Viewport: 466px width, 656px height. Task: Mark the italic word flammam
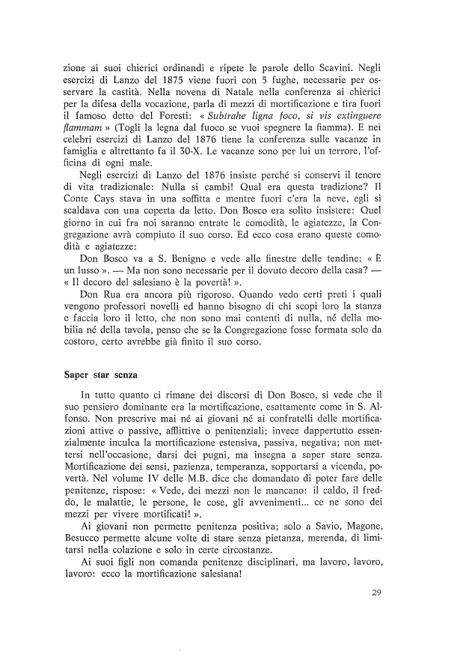[x=83, y=130]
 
